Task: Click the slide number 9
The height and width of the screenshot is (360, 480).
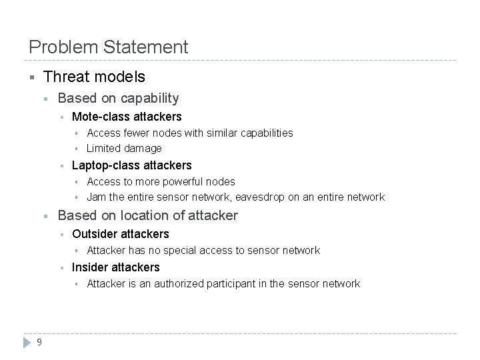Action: click(40, 342)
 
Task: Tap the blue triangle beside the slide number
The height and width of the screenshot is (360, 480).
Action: click(27, 342)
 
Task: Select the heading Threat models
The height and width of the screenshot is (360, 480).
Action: click(94, 77)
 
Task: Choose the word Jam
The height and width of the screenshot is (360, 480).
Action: click(97, 197)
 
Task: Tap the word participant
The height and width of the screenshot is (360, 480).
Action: click(240, 284)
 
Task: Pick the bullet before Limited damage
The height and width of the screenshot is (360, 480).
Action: click(77, 149)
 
